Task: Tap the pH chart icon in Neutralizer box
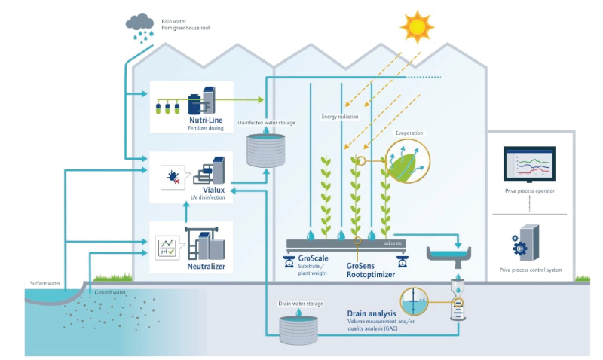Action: tap(165, 246)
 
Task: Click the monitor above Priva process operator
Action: tap(529, 163)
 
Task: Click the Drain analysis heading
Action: tap(375, 313)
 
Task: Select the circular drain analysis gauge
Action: tap(415, 302)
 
